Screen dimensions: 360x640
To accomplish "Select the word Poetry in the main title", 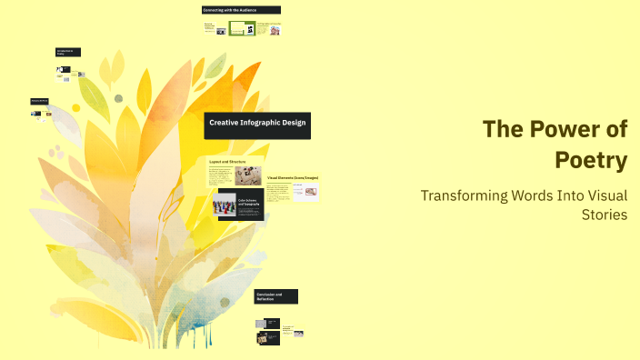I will (x=592, y=161).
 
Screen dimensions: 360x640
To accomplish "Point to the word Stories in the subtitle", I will (x=605, y=215).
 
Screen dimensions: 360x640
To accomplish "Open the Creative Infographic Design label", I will (x=257, y=122).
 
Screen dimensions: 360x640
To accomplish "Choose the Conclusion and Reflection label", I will (x=275, y=296).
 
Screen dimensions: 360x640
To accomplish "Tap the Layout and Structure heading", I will (x=228, y=161).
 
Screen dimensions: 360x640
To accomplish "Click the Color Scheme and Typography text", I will (x=249, y=203).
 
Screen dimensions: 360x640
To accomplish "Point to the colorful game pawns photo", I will (x=225, y=206).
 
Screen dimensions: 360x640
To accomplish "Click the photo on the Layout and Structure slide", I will (x=248, y=175).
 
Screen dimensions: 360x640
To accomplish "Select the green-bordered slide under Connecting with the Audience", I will (x=241, y=28).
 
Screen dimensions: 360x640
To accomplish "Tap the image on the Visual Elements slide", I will (x=310, y=191).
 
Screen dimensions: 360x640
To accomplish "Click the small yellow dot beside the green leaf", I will (x=75, y=108).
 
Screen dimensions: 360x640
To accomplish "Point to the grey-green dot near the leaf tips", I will (x=118, y=98).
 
